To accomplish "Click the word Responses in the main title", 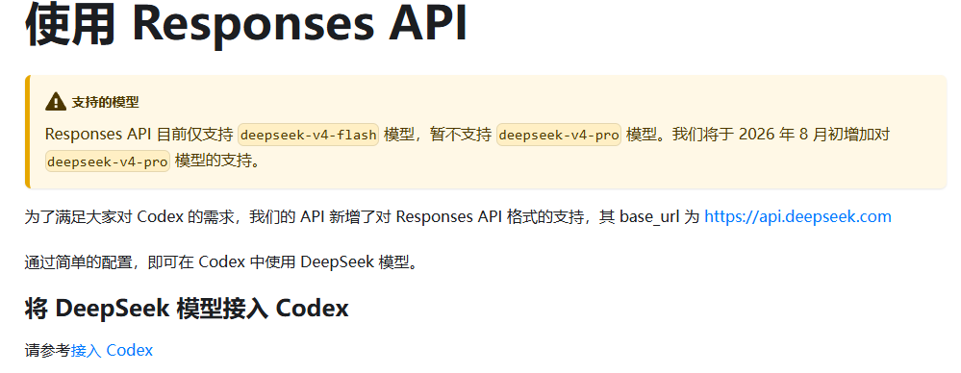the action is point(253,23).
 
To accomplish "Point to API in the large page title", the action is point(427,23).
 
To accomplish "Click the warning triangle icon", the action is point(56,102).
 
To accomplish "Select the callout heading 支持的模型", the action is point(106,102).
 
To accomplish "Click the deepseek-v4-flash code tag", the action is point(308,135).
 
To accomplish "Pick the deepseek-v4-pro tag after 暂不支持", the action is point(558,135).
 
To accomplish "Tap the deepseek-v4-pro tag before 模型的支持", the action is point(107,162).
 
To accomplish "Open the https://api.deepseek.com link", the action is point(797,217).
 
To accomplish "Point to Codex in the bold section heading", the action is point(312,308).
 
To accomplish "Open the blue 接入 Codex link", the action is point(112,350).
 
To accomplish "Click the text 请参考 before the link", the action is point(48,350).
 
